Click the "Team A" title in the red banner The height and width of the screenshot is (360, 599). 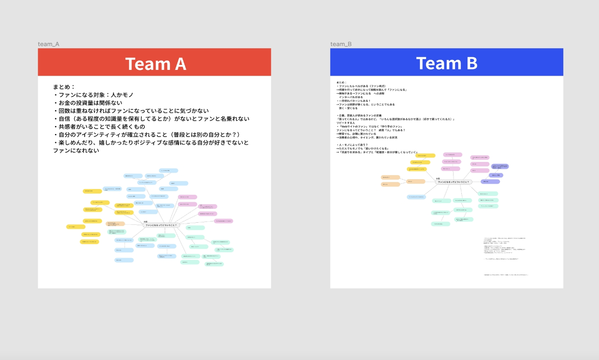[x=156, y=64]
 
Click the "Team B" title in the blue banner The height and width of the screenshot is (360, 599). [x=446, y=63]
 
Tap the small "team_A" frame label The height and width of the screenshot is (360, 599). [x=48, y=44]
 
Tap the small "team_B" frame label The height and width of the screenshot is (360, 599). [x=341, y=44]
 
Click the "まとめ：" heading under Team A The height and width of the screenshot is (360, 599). [x=64, y=87]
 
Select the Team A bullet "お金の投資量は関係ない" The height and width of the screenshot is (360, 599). [x=90, y=103]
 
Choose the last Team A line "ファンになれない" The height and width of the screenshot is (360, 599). [x=76, y=151]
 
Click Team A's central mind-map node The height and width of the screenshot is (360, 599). [x=161, y=225]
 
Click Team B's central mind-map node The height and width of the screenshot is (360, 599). [x=453, y=182]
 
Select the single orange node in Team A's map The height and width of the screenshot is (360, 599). [x=115, y=224]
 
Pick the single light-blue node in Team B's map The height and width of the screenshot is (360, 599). [x=416, y=197]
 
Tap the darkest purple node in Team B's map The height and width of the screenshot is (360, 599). [x=490, y=181]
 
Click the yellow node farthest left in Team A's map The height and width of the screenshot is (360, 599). [x=76, y=227]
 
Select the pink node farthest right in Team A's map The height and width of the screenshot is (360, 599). [x=224, y=221]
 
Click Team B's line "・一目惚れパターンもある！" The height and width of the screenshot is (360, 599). [x=354, y=101]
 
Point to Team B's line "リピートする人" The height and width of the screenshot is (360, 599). [x=346, y=123]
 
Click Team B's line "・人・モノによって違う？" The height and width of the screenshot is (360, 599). [x=352, y=145]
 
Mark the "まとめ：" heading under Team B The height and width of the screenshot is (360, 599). [x=342, y=82]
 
